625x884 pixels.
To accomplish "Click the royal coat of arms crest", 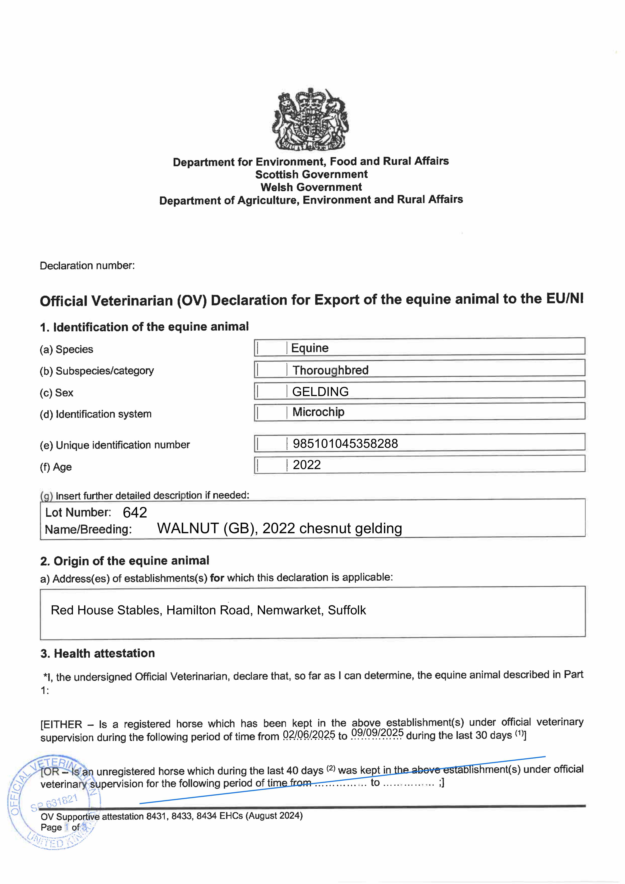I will point(311,119).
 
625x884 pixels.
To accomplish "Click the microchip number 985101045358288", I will point(345,444).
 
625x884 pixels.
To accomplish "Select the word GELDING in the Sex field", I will point(320,392).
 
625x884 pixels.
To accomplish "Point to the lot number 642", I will point(135,513).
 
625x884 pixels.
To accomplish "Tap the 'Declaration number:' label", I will point(87,266).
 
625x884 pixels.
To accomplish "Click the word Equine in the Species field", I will point(310,348).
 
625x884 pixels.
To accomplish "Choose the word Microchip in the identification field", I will point(318,412).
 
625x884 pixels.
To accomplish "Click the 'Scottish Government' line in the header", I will point(311,174).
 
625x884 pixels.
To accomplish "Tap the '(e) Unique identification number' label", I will point(115,445).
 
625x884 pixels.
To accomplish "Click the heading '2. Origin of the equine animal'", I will point(124,561).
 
